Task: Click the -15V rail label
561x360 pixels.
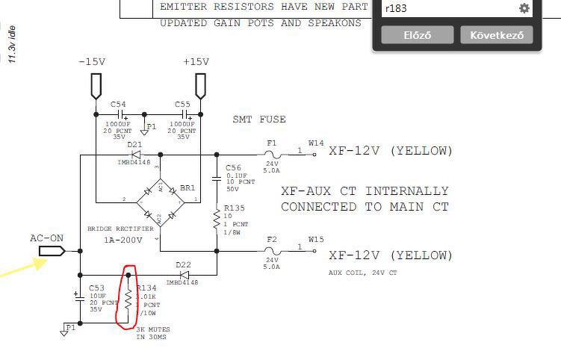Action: point(92,62)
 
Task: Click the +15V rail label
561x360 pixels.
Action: point(196,62)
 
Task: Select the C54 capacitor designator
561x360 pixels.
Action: point(118,105)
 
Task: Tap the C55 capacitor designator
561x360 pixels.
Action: point(183,105)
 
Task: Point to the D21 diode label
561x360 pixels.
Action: point(134,145)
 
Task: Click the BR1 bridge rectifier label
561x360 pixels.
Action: point(187,188)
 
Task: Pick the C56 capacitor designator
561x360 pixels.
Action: point(233,168)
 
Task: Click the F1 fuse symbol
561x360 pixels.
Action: point(271,155)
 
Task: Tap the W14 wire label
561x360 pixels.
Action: point(316,142)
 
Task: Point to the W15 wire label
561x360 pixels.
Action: point(316,240)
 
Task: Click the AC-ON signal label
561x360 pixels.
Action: point(46,238)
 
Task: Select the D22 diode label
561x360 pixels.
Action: point(184,264)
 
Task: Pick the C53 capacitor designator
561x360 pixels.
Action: point(97,287)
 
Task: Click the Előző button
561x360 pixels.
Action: point(417,35)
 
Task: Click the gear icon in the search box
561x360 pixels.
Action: point(524,8)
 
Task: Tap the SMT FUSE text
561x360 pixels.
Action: point(259,120)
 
